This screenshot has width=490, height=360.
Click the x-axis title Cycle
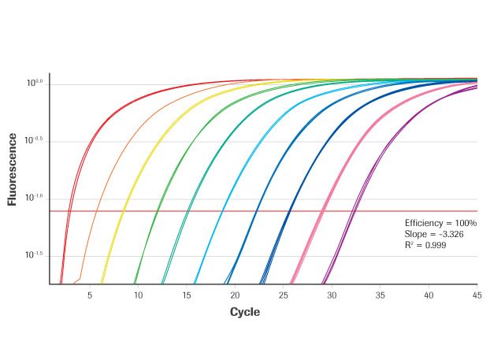244,312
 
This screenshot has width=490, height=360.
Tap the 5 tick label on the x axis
90,295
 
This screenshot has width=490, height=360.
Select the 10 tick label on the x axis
138,295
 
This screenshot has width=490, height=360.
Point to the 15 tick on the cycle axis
187,295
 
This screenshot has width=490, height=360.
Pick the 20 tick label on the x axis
235,295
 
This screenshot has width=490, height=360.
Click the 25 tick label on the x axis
284,295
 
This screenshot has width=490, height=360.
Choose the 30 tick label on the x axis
332,295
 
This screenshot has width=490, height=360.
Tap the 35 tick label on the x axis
380,295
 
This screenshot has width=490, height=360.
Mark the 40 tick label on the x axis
429,295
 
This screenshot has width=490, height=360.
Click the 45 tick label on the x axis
476,295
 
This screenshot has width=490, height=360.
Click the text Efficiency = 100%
440,224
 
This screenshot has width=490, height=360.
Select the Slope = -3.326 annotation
431,235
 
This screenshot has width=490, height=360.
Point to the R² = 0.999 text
425,246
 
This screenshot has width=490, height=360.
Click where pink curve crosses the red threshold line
321,211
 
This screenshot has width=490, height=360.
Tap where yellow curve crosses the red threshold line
123,211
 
